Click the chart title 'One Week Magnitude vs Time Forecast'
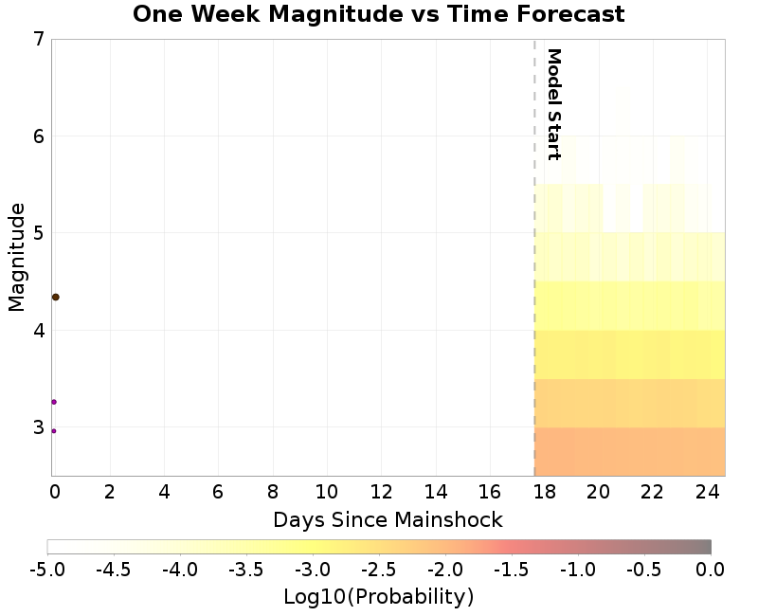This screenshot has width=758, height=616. pyautogui.click(x=378, y=14)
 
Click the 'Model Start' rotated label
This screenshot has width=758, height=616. pyautogui.click(x=554, y=104)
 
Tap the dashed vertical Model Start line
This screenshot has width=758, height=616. pyautogui.click(x=534, y=284)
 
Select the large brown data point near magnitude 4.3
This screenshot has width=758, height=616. pyautogui.click(x=55, y=297)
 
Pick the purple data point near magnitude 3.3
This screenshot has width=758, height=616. pyautogui.click(x=54, y=402)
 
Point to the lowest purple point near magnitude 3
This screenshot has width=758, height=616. pyautogui.click(x=53, y=431)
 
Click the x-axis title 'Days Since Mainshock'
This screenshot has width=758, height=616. pyautogui.click(x=388, y=519)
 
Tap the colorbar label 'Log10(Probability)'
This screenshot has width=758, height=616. pyautogui.click(x=378, y=597)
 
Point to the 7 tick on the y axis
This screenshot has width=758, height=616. pyautogui.click(x=38, y=39)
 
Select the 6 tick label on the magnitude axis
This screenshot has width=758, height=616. pyautogui.click(x=38, y=136)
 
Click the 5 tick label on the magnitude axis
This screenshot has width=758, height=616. pyautogui.click(x=38, y=233)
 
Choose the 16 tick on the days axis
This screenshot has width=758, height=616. pyautogui.click(x=490, y=493)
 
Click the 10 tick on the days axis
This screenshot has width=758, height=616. pyautogui.click(x=327, y=493)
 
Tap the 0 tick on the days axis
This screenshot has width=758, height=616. pyautogui.click(x=55, y=493)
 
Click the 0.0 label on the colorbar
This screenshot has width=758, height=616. pyautogui.click(x=711, y=570)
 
